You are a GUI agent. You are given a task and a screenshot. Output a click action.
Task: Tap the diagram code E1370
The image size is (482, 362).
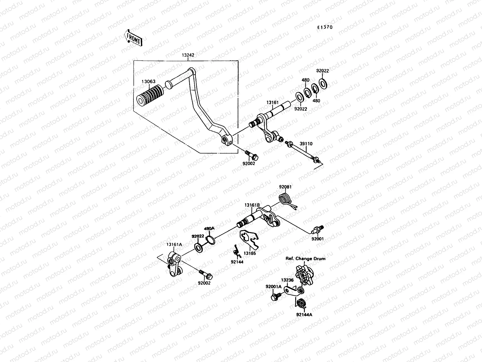click(324, 27)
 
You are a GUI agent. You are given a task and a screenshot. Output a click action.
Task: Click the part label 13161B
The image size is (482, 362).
click(252, 205)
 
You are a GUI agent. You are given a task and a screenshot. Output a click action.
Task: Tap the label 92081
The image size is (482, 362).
click(285, 187)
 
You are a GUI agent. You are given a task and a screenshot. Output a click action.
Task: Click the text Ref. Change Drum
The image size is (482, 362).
click(306, 259)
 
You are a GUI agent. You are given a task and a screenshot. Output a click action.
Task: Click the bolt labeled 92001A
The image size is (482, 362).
click(275, 297)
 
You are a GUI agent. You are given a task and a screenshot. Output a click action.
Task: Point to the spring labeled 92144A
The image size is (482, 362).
click(301, 303)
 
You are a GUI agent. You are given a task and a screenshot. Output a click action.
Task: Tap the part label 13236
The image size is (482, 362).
click(287, 280)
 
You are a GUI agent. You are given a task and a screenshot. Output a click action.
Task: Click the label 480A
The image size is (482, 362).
click(209, 229)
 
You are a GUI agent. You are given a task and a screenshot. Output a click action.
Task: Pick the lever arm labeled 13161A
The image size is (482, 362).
click(174, 265)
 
